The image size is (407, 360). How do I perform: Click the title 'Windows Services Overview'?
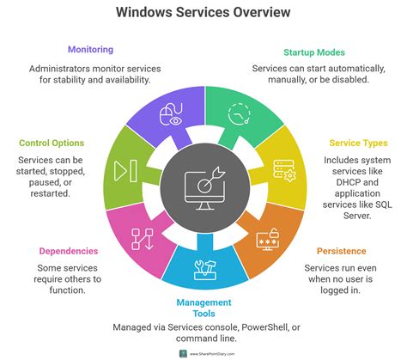coord(203,12)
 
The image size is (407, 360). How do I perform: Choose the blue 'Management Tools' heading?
coord(203,308)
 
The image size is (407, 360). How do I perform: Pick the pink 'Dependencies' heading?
coord(67,251)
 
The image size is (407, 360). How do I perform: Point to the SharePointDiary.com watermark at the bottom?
coord(203,352)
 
